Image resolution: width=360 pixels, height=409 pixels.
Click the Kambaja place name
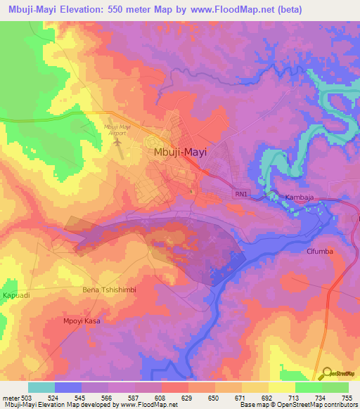click(x=300, y=198)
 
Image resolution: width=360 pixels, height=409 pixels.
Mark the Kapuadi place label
click(x=16, y=295)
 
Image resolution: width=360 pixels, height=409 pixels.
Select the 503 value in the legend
click(x=28, y=398)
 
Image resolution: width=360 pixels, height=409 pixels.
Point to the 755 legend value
click(x=348, y=398)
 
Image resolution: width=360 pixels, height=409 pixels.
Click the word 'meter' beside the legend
click(x=9, y=398)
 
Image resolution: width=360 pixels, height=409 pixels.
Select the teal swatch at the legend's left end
click(x=41, y=387)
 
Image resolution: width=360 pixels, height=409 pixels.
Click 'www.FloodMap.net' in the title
click(x=250, y=9)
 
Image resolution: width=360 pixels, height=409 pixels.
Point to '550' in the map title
click(x=123, y=9)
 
